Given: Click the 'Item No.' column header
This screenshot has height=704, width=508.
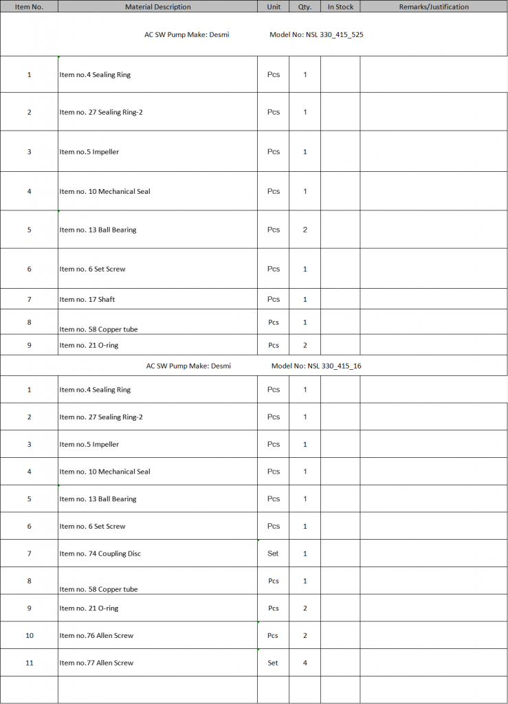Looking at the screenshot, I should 29,7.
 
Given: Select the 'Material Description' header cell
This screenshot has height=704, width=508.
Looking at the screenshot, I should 157,7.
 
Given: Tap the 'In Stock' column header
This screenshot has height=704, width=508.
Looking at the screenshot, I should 340,7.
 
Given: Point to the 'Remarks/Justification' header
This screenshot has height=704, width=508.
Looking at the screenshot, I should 434,7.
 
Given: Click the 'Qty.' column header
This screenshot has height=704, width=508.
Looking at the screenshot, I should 305,7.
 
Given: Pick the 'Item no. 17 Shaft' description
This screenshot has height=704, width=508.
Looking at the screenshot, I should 87,299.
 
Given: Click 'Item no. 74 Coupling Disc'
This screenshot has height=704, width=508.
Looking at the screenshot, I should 100,553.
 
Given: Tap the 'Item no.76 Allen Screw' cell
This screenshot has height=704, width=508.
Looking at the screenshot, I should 96,635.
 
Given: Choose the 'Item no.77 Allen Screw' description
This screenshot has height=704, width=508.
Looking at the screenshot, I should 96,663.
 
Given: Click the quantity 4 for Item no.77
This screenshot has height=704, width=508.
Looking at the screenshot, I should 305,663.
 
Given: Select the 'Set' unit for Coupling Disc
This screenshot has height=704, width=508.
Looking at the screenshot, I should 273,553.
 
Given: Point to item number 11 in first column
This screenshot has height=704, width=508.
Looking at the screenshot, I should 29,663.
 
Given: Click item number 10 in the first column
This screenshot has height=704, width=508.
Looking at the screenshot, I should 29,635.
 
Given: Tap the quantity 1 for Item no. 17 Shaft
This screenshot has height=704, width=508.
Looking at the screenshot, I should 305,299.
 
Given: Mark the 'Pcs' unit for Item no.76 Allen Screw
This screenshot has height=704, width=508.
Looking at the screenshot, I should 274,635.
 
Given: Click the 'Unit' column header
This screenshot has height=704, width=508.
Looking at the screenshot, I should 273,7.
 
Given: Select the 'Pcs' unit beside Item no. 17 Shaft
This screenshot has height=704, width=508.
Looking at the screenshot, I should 274,299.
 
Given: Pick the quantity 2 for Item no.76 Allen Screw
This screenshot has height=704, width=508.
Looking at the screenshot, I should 305,635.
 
